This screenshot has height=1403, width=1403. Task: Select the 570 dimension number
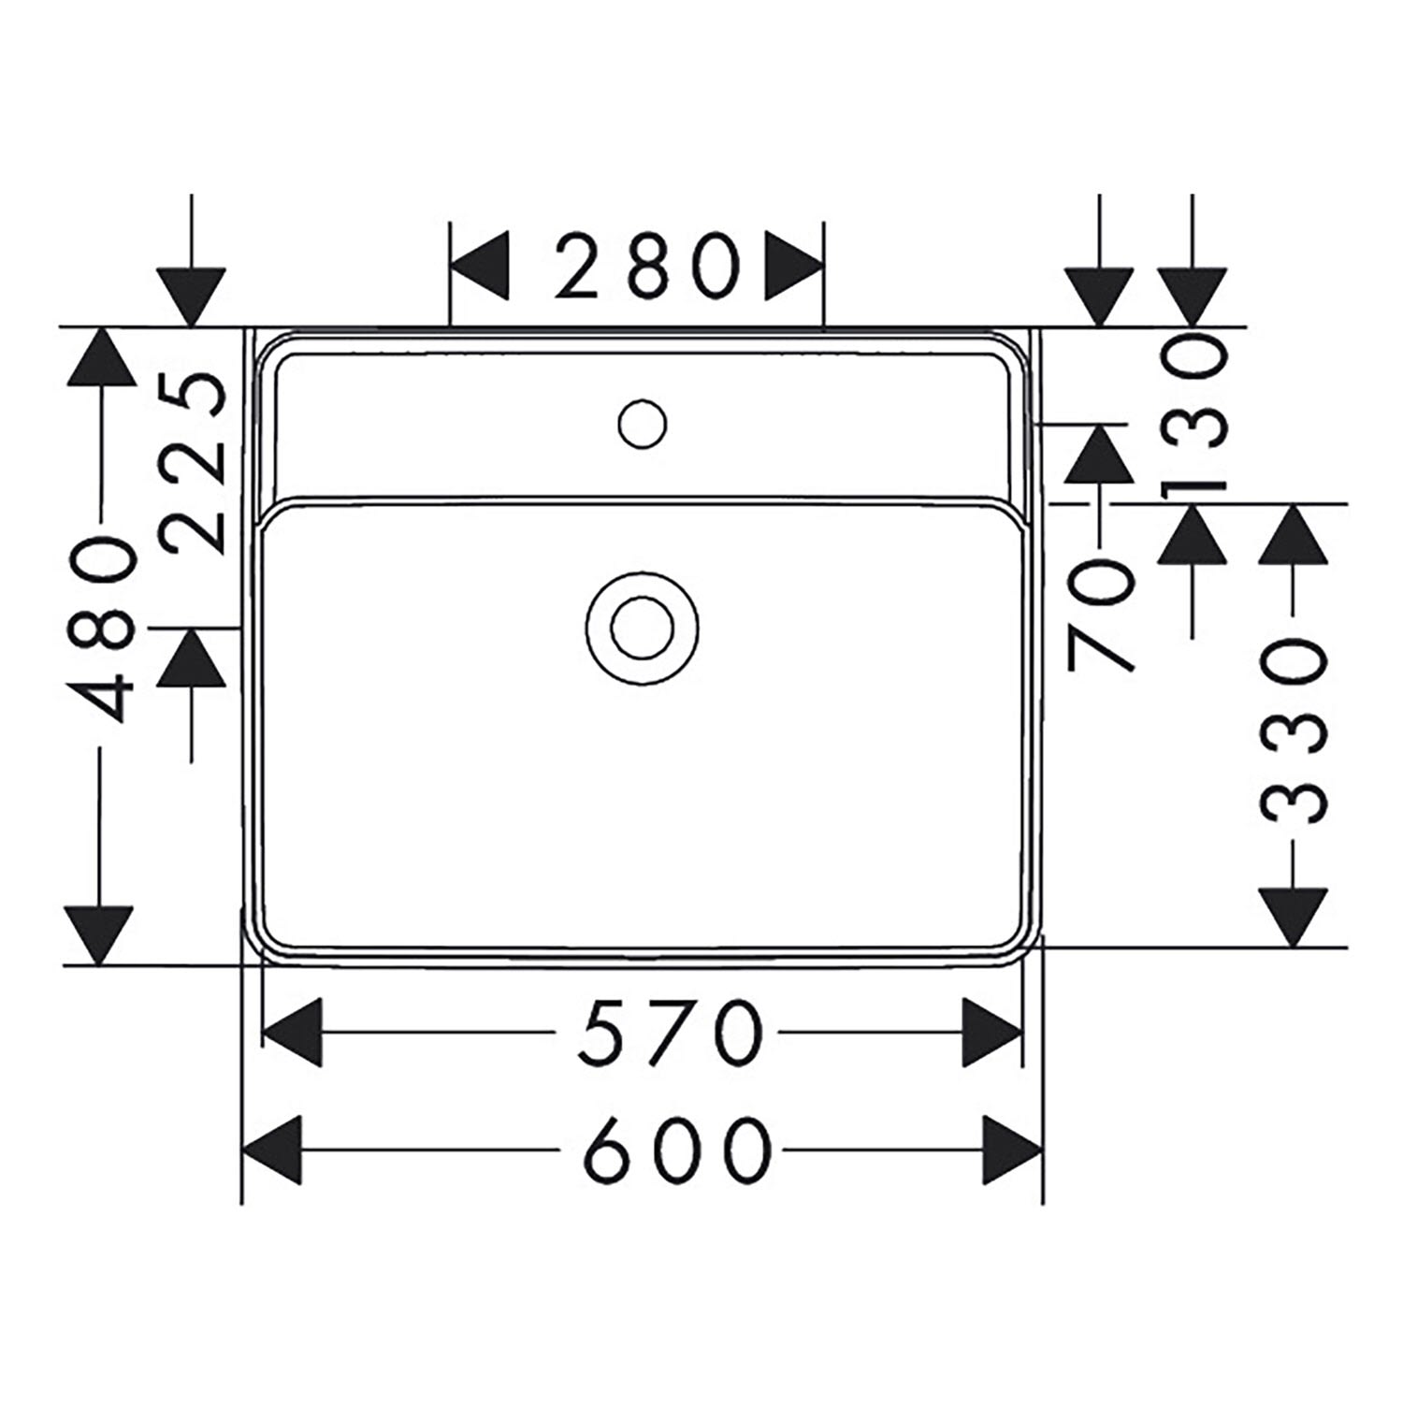pos(670,1033)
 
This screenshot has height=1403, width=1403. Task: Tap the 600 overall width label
pos(679,1150)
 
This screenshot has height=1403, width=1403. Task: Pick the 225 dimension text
pos(192,463)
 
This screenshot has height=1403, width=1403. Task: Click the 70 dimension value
pos(1101,615)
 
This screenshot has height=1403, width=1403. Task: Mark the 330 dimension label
pos(1294,730)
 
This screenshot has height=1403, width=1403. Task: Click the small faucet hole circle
pos(643,424)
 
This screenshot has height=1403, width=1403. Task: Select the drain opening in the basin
pos(643,627)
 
